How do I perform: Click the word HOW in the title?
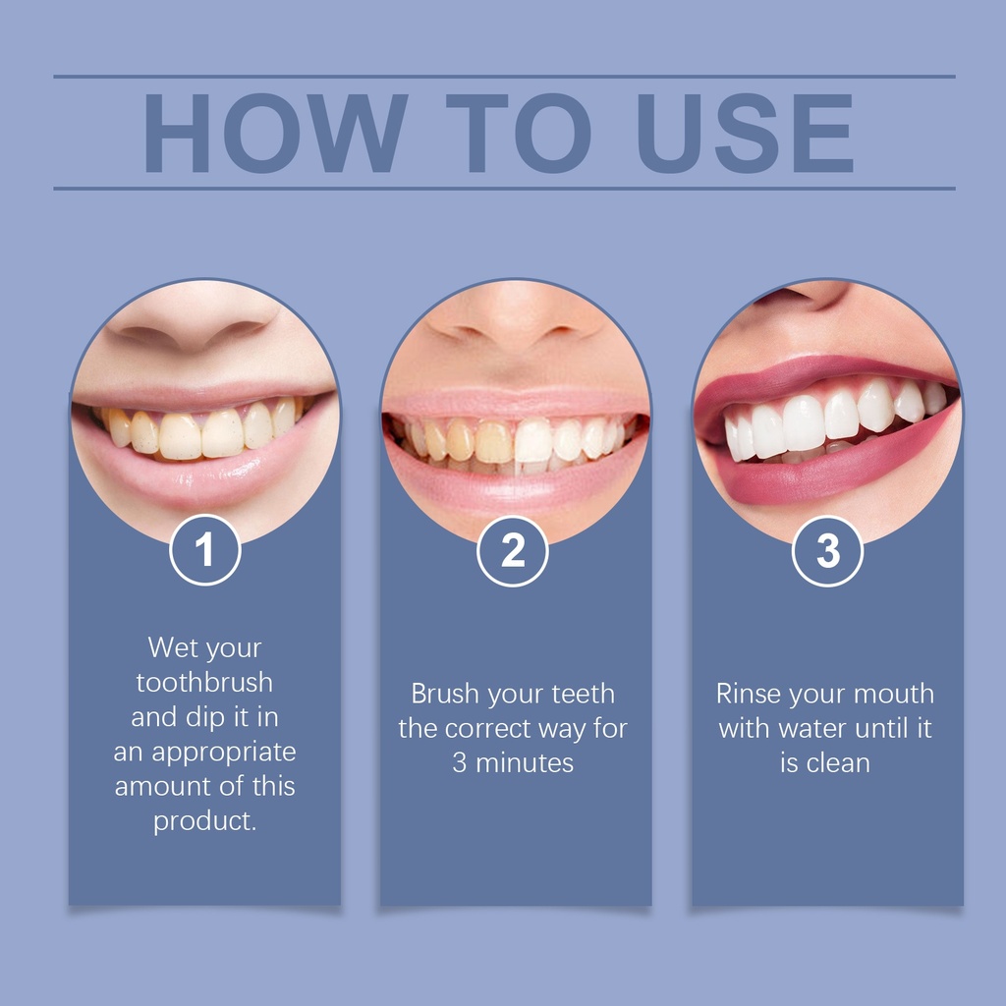coord(275,133)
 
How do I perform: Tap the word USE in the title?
coord(745,133)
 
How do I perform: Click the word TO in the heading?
coord(519,133)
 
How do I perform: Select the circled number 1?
coord(204,550)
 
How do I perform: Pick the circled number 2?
coord(513,551)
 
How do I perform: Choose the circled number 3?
coord(827,551)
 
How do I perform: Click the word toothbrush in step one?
coord(204,682)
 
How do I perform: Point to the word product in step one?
coord(201,822)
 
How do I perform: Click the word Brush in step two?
coord(445,694)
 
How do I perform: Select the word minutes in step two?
coord(525,762)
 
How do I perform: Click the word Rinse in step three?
coord(748,694)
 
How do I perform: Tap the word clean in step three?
coord(838,762)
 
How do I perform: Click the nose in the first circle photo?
coord(193,317)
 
